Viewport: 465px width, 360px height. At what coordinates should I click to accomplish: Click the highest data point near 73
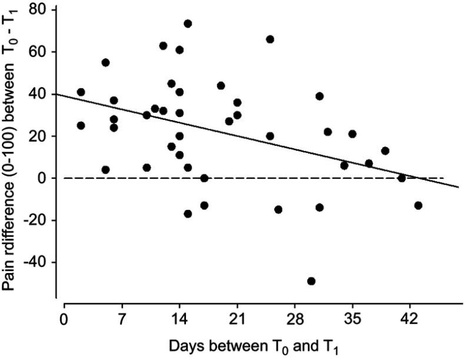pyautogui.click(x=188, y=24)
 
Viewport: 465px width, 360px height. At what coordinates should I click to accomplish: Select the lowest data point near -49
pyautogui.click(x=311, y=281)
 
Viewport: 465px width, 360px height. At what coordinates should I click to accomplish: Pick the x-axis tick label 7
pyautogui.click(x=121, y=320)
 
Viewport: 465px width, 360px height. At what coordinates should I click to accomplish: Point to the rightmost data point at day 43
pyautogui.click(x=418, y=205)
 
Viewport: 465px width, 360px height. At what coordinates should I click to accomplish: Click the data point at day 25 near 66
pyautogui.click(x=270, y=39)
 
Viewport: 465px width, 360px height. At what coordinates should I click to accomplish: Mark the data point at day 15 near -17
pyautogui.click(x=188, y=214)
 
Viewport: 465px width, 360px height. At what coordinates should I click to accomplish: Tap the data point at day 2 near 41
pyautogui.click(x=81, y=92)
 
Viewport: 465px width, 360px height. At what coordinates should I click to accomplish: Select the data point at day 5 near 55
pyautogui.click(x=105, y=62)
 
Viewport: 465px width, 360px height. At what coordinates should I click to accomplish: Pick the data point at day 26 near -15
pyautogui.click(x=278, y=209)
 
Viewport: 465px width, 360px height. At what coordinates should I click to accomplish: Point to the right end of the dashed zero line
pyautogui.click(x=443, y=178)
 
